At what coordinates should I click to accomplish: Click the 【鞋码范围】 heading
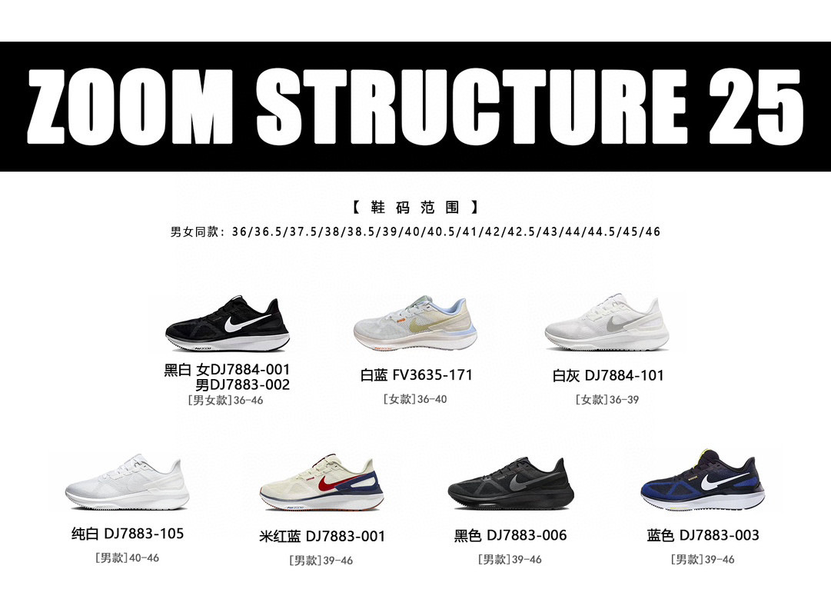415,207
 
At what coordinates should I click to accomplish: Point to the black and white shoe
228,323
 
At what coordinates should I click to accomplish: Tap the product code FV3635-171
432,375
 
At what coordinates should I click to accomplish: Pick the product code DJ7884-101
623,375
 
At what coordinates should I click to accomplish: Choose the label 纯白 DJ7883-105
127,534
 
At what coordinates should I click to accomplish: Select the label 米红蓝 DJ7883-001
322,536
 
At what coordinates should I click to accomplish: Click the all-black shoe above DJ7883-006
509,484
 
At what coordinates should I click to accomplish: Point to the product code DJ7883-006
527,535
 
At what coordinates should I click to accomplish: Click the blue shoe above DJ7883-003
703,481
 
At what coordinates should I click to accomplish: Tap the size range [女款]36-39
607,400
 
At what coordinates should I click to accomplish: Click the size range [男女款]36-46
225,400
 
